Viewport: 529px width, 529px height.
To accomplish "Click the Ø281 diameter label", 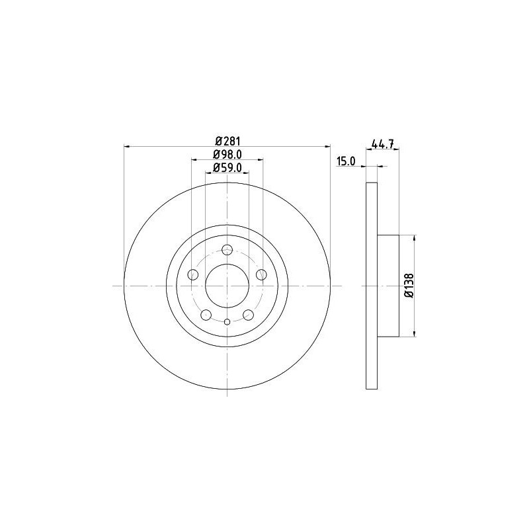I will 227,140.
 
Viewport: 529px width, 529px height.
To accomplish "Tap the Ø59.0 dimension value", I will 227,167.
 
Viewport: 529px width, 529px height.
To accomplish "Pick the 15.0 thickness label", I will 346,161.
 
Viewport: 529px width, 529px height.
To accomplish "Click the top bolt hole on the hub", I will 227,250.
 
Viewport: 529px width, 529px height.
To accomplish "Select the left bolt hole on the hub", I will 193,274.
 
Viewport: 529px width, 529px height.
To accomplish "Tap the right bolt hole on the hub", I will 261,274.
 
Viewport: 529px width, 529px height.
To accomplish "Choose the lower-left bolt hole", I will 206,315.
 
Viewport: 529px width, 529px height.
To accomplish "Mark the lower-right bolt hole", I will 249,315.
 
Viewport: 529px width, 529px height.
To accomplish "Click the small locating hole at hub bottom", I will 227,322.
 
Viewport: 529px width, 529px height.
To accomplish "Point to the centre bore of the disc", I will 227,286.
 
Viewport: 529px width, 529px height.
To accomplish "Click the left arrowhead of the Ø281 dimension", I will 128,147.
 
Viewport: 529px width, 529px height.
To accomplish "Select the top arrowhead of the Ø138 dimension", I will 415,238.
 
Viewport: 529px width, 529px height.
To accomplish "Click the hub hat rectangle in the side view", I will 388,285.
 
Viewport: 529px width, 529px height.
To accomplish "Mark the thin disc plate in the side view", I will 372,285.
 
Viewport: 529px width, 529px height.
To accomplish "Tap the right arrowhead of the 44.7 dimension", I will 396,150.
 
